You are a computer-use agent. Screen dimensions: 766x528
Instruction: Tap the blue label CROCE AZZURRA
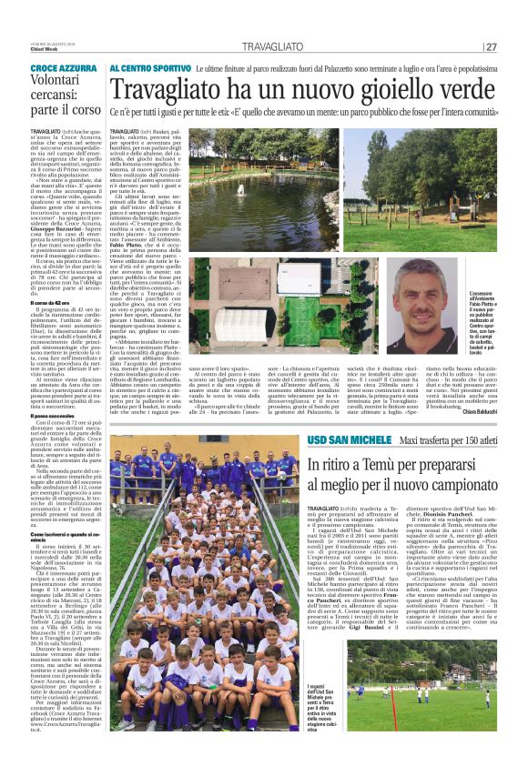pos(63,69)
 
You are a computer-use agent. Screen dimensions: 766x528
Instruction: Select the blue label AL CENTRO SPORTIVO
pos(150,68)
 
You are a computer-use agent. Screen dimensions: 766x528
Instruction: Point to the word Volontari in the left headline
pos(62,89)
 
